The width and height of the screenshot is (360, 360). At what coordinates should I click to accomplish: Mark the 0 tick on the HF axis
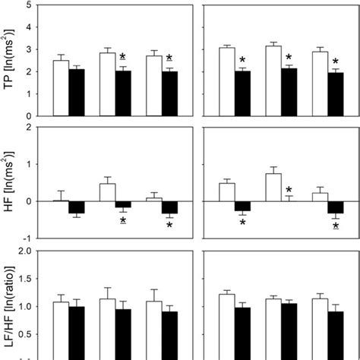pos(27,201)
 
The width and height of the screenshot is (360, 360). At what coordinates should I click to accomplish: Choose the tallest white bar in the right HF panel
pos(273,187)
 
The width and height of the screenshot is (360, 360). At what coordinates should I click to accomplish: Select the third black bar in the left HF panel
pos(169,207)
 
